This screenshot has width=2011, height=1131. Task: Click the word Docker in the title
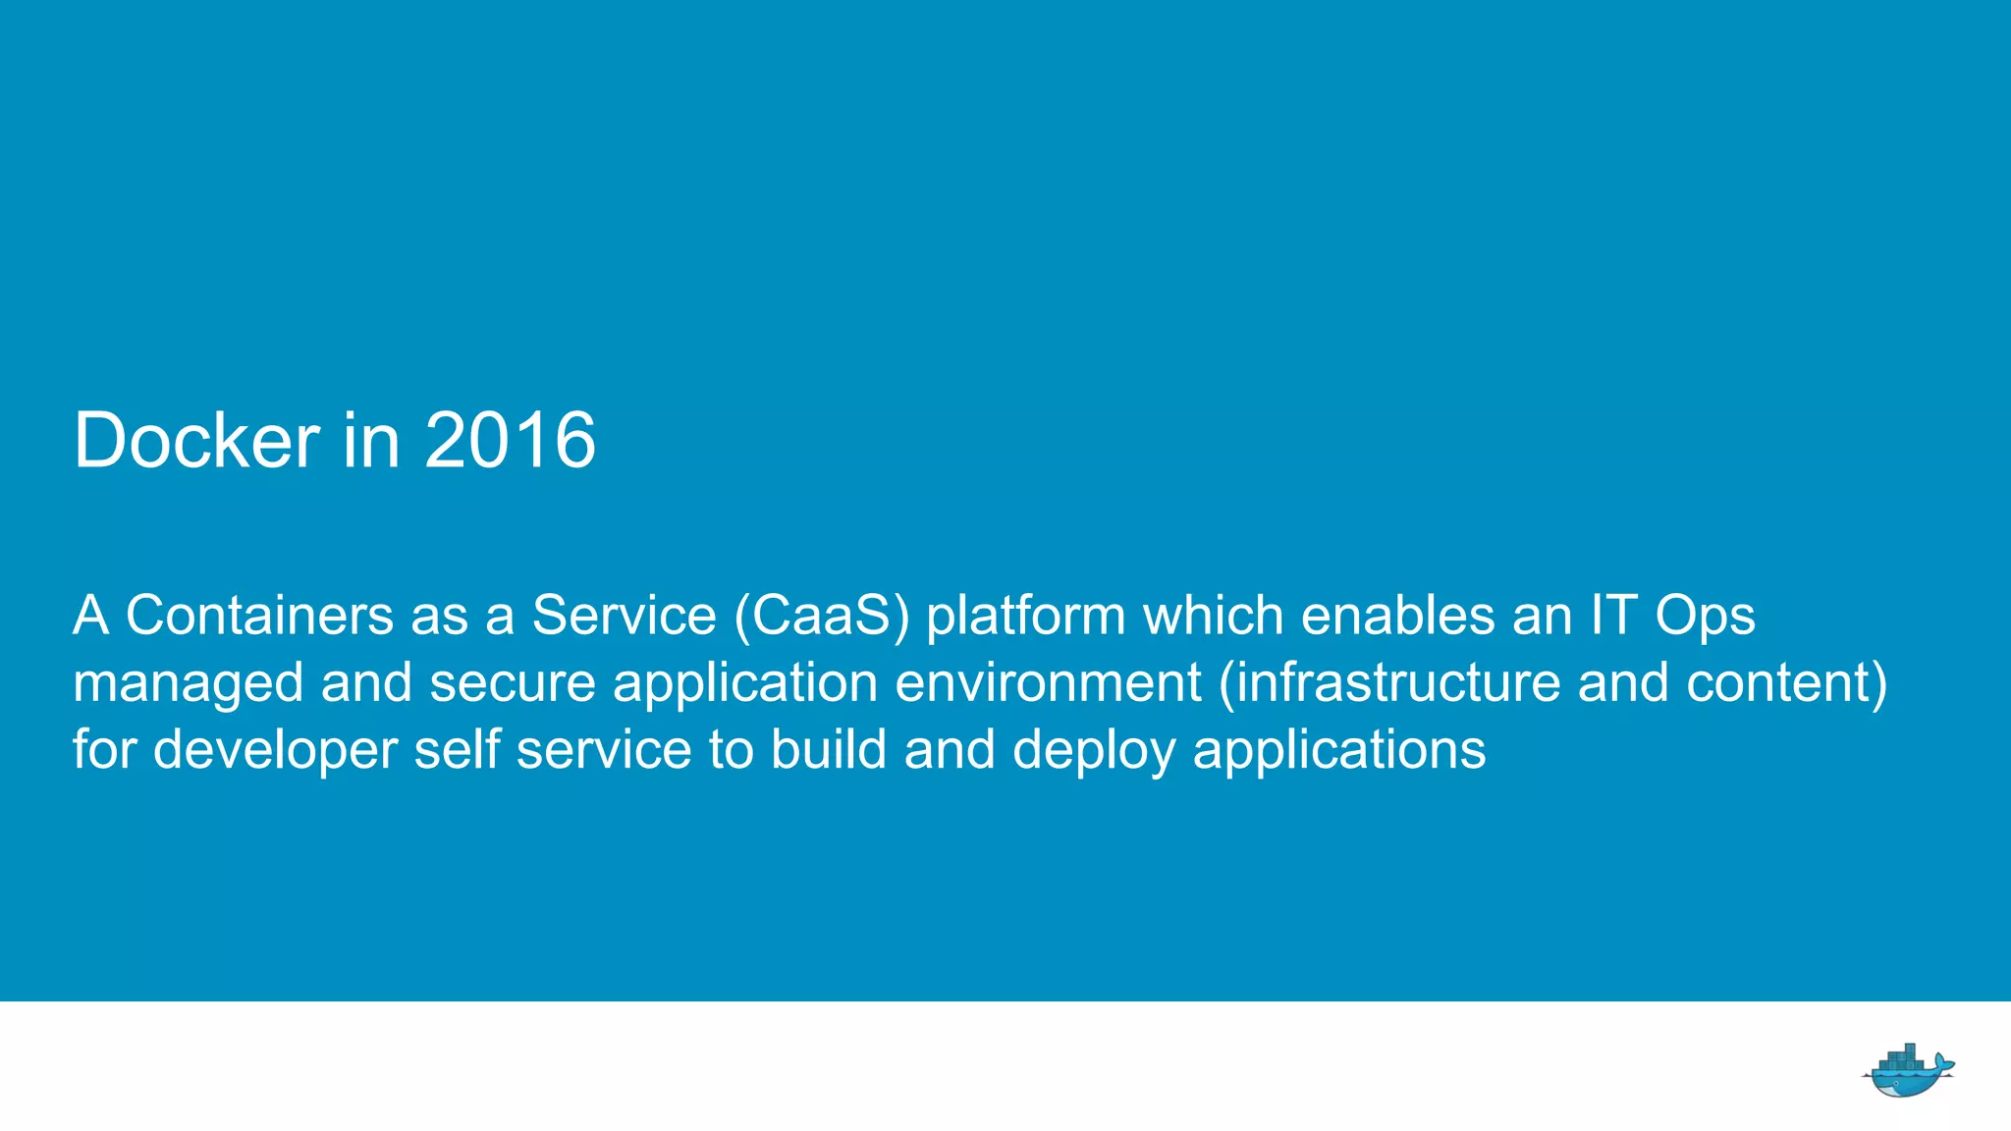(x=196, y=441)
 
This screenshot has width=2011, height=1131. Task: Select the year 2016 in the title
(x=510, y=441)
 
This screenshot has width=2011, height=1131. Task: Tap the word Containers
(x=259, y=617)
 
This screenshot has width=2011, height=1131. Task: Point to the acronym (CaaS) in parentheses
(x=822, y=617)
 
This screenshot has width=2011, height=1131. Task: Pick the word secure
(x=513, y=683)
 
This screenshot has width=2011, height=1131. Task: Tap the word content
(x=1785, y=683)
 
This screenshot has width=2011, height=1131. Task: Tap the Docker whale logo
(x=1907, y=1070)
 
